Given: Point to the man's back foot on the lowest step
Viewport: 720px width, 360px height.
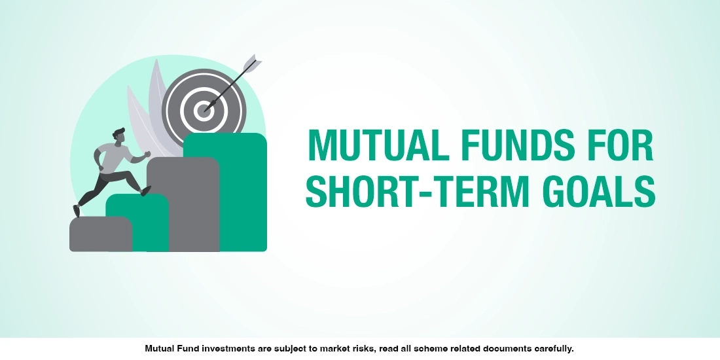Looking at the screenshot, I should (x=77, y=210).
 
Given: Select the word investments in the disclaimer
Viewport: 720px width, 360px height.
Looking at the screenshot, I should (x=220, y=349).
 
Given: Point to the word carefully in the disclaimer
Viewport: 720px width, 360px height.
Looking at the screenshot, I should (x=554, y=349).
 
